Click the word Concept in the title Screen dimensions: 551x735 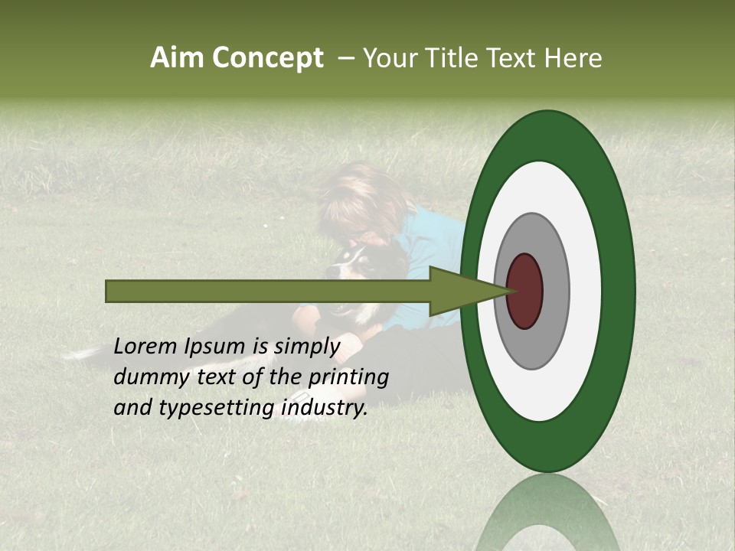click(x=267, y=58)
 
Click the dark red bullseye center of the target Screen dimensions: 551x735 click(x=524, y=291)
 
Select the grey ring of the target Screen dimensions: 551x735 click(x=554, y=291)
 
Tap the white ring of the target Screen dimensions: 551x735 click(x=586, y=291)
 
